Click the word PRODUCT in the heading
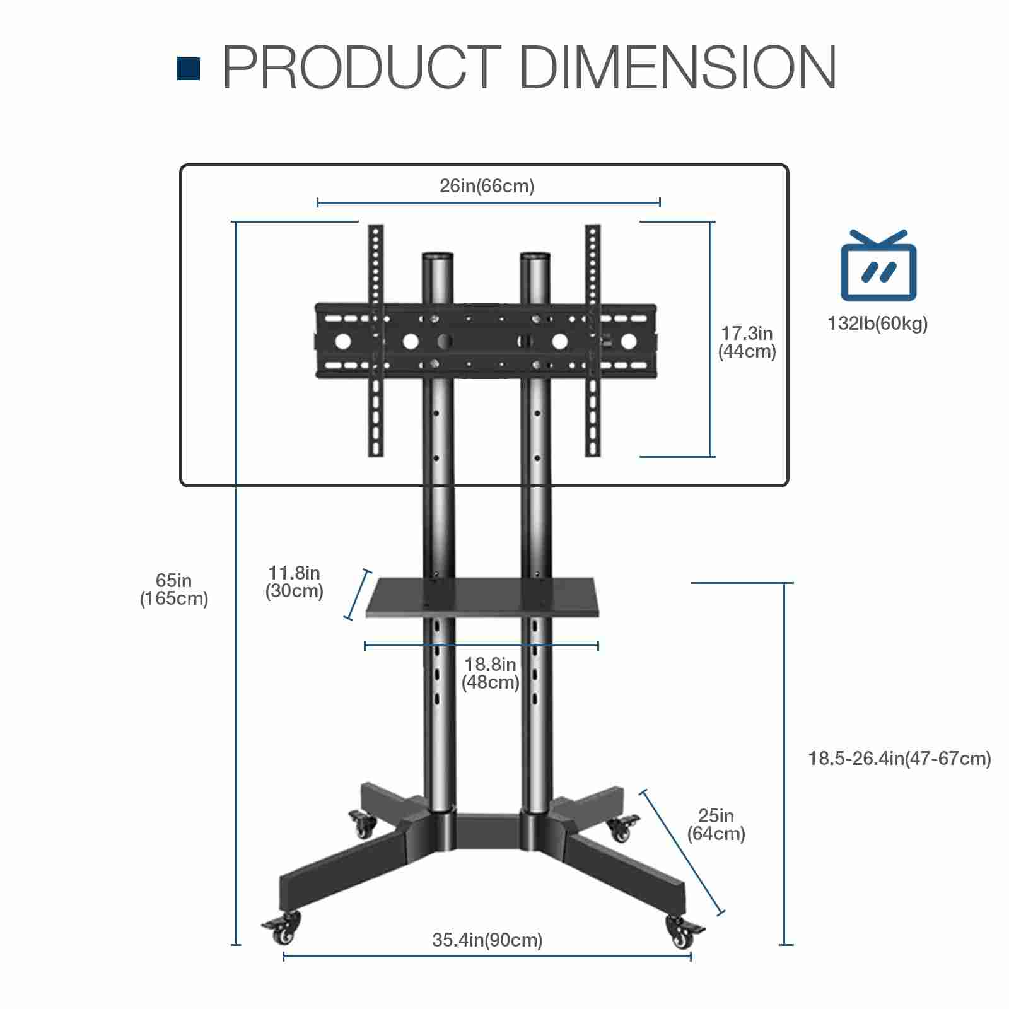point(362,67)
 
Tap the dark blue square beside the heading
point(189,69)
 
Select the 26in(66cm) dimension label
point(487,186)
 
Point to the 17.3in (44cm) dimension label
point(747,342)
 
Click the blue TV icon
point(878,265)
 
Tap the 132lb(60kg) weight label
point(878,324)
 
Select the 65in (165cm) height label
point(174,590)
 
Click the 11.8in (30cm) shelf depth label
point(295,582)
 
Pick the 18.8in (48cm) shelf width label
point(491,674)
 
